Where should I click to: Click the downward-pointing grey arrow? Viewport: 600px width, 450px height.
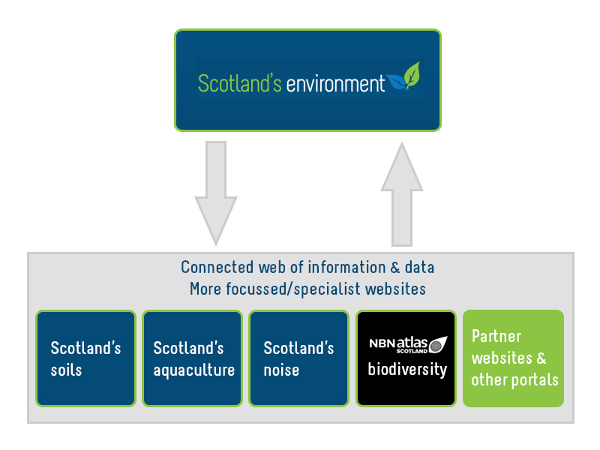(216, 191)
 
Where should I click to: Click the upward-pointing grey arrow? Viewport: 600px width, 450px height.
(402, 195)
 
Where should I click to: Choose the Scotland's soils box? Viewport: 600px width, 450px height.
(85, 358)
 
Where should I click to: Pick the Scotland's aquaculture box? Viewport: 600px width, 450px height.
(192, 358)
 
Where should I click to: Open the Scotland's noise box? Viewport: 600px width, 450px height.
(298, 358)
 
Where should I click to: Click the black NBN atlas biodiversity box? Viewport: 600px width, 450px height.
(406, 358)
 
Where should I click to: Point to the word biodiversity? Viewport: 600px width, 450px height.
(406, 370)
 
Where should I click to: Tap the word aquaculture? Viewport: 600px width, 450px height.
(193, 370)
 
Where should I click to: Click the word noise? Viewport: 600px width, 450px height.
(281, 370)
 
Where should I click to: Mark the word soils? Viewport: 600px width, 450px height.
(66, 370)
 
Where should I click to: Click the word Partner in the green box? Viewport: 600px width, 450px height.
(496, 336)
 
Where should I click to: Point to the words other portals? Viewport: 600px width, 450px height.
(514, 379)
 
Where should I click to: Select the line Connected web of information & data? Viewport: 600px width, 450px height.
(307, 268)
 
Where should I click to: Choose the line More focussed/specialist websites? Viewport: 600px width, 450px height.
(307, 289)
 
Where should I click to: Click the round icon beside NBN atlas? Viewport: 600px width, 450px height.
(440, 344)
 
